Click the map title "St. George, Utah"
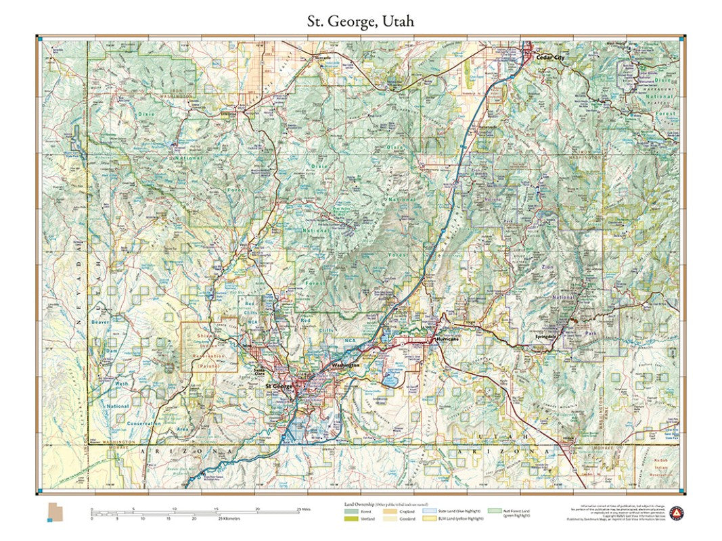tap(360, 21)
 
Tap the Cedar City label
tap(549, 58)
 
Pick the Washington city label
tap(346, 365)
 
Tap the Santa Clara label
tap(257, 371)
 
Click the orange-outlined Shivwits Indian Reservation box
tap(208, 346)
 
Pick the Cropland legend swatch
tap(391, 512)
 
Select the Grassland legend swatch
tap(391, 519)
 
